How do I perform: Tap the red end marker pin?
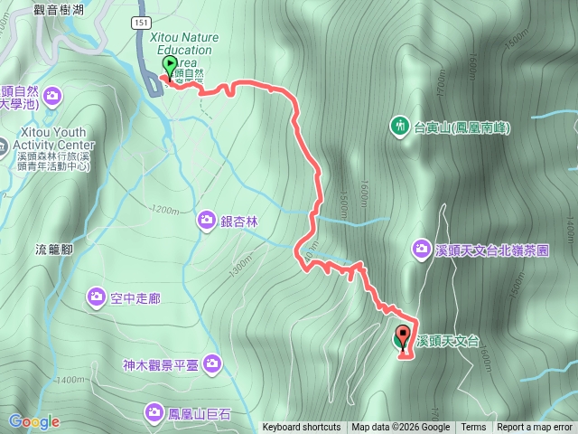[x=402, y=335]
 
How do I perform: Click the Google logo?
[x=34, y=421]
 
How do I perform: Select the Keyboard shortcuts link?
[x=302, y=428]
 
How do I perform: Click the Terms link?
[x=473, y=428]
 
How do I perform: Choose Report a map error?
[x=535, y=428]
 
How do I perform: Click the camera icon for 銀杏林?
[x=207, y=221]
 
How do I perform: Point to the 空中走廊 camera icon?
[x=97, y=297]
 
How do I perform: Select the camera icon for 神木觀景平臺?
[x=212, y=364]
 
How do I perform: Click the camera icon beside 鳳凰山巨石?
[x=154, y=413]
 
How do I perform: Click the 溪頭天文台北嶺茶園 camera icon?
[x=422, y=248]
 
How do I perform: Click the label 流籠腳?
[x=53, y=249]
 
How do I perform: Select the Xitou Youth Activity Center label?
[x=54, y=145]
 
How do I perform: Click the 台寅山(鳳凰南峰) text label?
[x=461, y=127]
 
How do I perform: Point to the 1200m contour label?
[x=165, y=210]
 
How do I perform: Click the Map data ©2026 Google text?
[x=400, y=428]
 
